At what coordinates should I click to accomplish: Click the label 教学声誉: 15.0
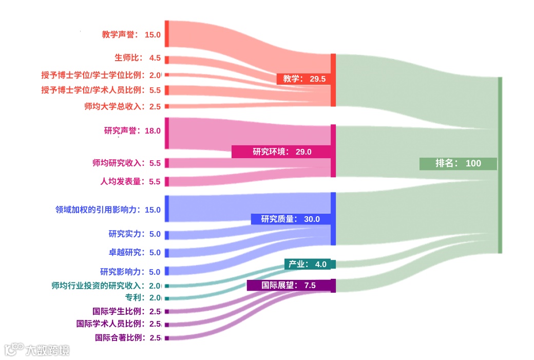(131, 35)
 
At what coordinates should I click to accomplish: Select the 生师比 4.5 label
(137, 58)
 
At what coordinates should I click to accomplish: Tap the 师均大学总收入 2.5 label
(122, 106)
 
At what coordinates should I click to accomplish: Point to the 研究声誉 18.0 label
(132, 130)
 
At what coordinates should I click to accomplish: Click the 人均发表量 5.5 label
(130, 181)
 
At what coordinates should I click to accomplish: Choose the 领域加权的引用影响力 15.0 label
(108, 210)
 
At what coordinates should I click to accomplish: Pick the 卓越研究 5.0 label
(135, 252)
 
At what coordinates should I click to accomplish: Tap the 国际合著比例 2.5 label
(128, 337)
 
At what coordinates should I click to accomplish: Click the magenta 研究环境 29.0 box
(281, 151)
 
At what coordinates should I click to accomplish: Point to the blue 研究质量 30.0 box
(290, 219)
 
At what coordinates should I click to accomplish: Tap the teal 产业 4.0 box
(310, 264)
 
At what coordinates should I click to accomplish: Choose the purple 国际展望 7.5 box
(289, 285)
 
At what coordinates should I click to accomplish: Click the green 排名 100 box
(458, 163)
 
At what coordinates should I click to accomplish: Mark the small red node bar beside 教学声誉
(167, 34)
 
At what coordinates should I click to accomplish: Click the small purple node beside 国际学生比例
(167, 311)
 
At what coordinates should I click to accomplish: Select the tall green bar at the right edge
(500, 165)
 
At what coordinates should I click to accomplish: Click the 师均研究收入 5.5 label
(126, 163)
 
